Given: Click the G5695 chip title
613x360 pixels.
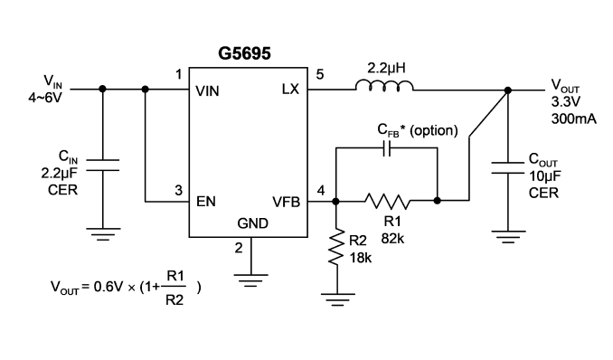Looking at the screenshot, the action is (244, 53).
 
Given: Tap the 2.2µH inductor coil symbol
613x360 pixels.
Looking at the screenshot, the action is (384, 86).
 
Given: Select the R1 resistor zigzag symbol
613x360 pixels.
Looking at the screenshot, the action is (388, 201).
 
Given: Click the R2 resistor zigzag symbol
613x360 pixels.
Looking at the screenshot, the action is (335, 247).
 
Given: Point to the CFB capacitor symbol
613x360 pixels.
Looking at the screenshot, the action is (387, 148).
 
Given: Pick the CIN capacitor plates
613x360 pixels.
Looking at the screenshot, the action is (102, 166).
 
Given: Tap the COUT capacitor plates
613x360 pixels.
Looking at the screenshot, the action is (507, 167).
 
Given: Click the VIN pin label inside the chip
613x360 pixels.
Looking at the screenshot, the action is (207, 91).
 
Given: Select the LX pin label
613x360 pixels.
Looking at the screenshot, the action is (290, 90).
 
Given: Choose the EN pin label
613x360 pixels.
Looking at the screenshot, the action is (205, 202).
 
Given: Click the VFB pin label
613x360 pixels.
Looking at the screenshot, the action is (287, 202).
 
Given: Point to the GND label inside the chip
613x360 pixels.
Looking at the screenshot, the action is (252, 223).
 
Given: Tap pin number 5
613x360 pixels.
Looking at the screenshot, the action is (320, 74).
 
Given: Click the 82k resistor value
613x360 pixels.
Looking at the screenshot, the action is (392, 238).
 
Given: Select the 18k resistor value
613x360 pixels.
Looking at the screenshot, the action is (361, 258).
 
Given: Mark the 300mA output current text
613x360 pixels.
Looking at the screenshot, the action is (574, 118).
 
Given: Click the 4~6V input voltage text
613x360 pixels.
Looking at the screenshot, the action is (45, 98).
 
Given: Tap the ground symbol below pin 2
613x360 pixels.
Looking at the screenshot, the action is (251, 280).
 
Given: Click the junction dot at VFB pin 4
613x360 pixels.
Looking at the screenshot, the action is (335, 201).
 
